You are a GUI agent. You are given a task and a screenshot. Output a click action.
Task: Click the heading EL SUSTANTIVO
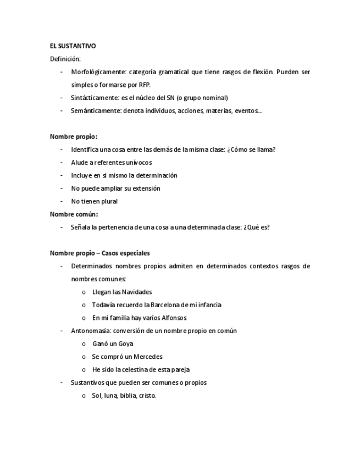click(73, 46)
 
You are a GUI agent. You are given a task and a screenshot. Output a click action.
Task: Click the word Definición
click(65, 59)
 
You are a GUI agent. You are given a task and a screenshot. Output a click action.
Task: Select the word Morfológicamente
click(98, 72)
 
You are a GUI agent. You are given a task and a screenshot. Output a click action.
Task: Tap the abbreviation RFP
click(145, 85)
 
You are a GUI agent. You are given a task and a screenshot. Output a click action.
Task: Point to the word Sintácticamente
click(95, 98)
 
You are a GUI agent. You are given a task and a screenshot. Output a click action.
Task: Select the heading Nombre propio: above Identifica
click(74, 137)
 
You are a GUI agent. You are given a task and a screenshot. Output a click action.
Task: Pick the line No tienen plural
click(94, 201)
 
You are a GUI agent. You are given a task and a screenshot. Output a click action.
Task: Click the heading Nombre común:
click(74, 214)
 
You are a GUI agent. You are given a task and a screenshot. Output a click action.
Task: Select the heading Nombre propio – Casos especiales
click(99, 253)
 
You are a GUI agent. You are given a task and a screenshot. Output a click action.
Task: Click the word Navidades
click(137, 292)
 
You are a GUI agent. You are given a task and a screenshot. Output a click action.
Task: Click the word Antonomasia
click(91, 331)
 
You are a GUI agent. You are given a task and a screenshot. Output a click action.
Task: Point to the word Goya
click(125, 344)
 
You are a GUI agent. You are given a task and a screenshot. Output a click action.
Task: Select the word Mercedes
click(148, 357)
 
